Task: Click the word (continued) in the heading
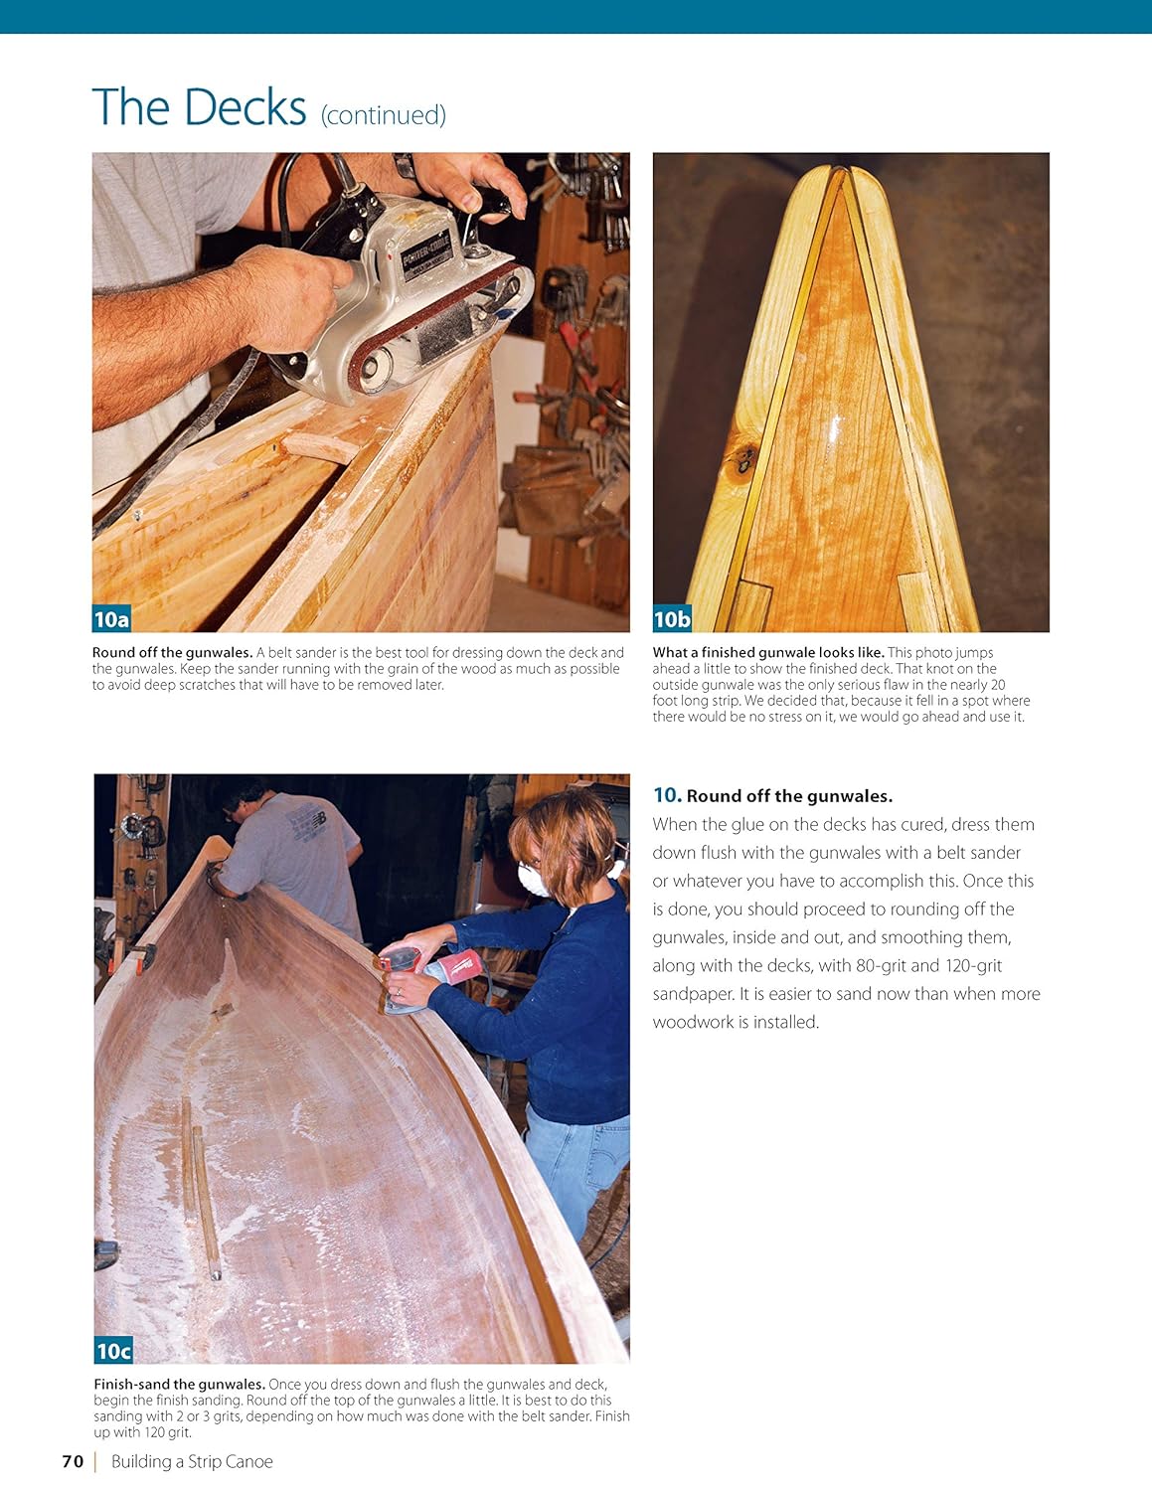(383, 115)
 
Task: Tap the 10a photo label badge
(111, 619)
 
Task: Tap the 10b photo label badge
(671, 619)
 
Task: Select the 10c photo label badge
(113, 1351)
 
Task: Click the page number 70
(73, 1461)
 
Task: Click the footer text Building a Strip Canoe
(192, 1461)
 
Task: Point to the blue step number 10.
(666, 795)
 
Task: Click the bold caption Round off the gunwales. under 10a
(172, 653)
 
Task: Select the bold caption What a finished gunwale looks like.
(767, 653)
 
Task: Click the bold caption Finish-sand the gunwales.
(179, 1385)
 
